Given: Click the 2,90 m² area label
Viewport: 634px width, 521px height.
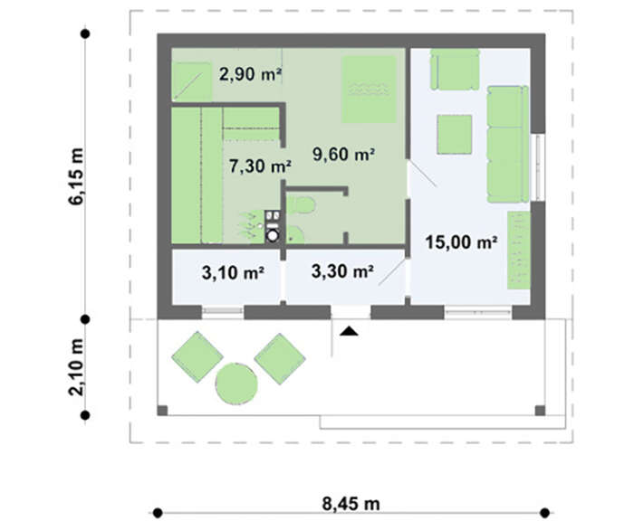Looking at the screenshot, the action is [x=250, y=74].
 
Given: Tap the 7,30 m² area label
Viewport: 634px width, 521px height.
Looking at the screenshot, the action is [x=260, y=166].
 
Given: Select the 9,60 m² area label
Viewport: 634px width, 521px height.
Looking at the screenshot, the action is [x=343, y=154].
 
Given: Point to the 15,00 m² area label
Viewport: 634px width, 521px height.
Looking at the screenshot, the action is [x=461, y=242].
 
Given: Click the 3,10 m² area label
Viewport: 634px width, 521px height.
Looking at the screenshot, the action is [x=233, y=272].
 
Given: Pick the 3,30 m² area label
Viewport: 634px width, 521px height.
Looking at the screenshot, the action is [x=342, y=271].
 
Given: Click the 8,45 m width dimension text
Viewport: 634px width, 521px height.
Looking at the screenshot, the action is [x=351, y=504].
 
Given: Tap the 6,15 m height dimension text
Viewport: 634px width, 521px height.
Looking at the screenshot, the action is [x=77, y=176].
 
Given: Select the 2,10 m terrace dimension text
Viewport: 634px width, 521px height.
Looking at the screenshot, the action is [x=77, y=366].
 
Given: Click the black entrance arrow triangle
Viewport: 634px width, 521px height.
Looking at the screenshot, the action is [x=349, y=332].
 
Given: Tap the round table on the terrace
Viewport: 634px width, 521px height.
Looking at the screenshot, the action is [x=236, y=384].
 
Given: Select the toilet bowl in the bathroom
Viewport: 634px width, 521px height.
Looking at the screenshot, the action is [x=302, y=205].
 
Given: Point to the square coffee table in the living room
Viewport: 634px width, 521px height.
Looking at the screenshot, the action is [x=455, y=135].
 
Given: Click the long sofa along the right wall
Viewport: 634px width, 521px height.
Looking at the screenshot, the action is [x=508, y=144].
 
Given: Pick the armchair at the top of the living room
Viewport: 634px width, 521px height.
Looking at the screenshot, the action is [x=455, y=69].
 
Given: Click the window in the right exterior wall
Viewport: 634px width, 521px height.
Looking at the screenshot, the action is [x=538, y=167].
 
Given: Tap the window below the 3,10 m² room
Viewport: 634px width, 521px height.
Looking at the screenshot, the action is [x=223, y=312].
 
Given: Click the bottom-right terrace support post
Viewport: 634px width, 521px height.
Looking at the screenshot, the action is [x=540, y=411].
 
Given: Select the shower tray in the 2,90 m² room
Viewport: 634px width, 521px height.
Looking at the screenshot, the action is [x=191, y=81].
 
